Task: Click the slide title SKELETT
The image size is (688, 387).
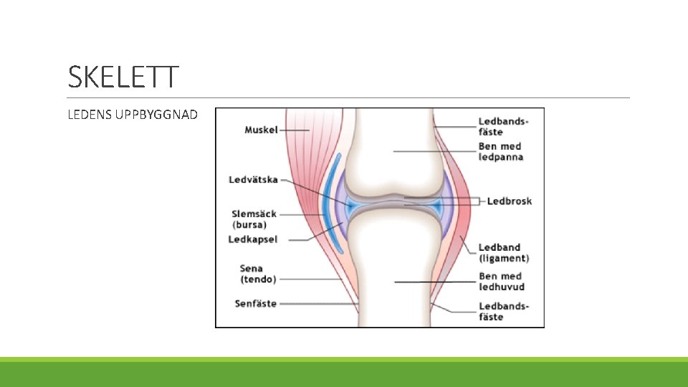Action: (x=122, y=77)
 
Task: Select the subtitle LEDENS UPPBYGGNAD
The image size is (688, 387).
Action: (x=132, y=115)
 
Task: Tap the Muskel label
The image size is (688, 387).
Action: (x=261, y=130)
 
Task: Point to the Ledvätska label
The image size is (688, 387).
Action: (x=253, y=179)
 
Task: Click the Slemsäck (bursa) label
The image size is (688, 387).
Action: (x=254, y=219)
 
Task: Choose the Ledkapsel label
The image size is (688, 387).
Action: (x=252, y=239)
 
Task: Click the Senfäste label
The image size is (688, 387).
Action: (x=255, y=304)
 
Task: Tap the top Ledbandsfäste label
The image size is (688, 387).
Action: (x=503, y=126)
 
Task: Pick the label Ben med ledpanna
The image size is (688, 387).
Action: (x=501, y=151)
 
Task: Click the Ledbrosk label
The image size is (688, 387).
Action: (x=509, y=201)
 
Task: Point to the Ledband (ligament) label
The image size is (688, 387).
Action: (x=503, y=253)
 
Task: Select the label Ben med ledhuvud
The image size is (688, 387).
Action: (x=501, y=281)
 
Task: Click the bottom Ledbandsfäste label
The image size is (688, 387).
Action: (x=503, y=311)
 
